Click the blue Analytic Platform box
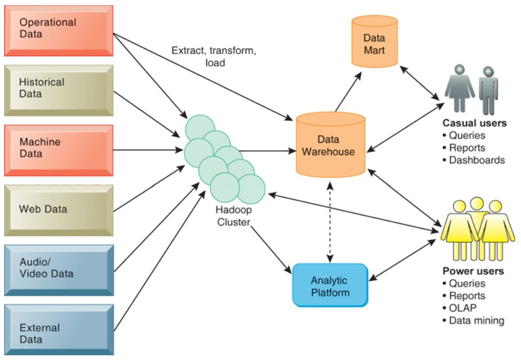[329, 285]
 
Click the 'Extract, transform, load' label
[214, 57]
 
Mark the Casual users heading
[474, 124]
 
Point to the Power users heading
[473, 271]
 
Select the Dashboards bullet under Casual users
[476, 160]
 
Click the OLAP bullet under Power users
[464, 308]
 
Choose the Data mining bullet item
[476, 320]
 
